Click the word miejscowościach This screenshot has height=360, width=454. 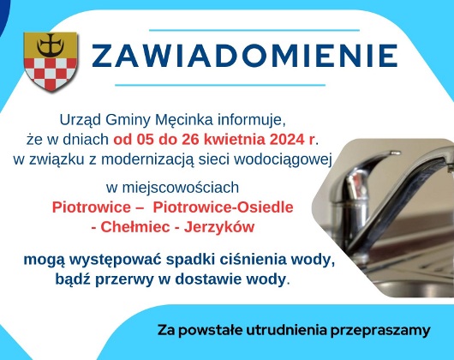(x=179, y=186)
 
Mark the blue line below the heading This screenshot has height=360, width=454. (x=231, y=84)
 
